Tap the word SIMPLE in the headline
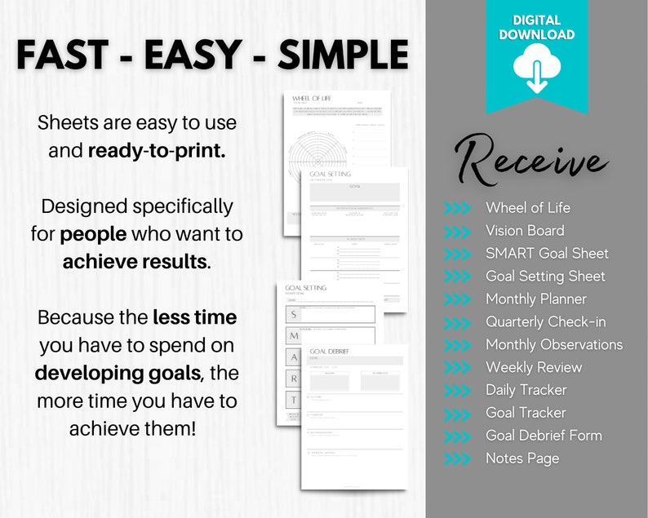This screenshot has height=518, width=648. tap(344, 55)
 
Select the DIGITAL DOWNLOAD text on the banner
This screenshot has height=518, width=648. tap(536, 27)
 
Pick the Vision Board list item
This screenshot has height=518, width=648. tap(525, 231)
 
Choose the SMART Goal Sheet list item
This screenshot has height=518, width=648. tap(547, 254)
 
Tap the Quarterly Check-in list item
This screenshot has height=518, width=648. tap(545, 322)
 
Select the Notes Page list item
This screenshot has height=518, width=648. tap(522, 458)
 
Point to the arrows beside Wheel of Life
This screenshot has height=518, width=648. tap(457, 208)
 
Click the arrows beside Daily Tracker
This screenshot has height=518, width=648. tap(457, 391)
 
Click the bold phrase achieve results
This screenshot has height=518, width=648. tap(137, 262)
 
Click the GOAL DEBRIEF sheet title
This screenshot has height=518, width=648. tap(331, 352)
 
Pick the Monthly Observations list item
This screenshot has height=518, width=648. tap(554, 345)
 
